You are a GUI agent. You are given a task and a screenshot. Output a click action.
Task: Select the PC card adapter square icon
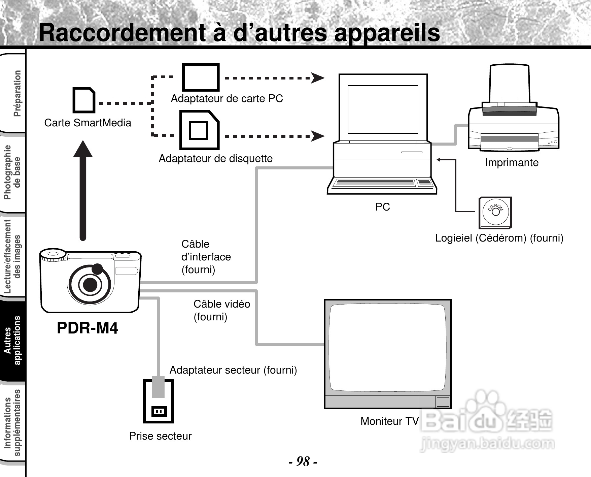pos(201,77)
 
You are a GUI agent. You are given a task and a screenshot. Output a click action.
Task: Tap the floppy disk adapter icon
pos(199,130)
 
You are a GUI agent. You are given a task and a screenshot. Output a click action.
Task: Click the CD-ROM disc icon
pos(495,212)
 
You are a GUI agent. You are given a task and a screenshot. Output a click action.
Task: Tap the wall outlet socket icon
pos(159,411)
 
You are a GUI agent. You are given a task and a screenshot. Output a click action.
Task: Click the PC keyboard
pos(382,184)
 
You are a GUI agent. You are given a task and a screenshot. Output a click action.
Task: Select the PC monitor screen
pos(383,109)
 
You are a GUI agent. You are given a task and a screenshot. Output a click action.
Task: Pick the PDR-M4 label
pos(87,328)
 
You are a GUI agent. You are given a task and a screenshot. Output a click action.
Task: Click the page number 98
pos(303,461)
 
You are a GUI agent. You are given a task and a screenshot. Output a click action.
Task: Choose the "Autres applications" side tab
pos(13,340)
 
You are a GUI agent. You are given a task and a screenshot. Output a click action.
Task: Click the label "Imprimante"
pos(512,163)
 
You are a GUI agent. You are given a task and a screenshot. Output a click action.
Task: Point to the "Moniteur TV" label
pos(389,421)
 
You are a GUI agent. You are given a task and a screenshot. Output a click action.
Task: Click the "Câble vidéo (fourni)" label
pos(221,310)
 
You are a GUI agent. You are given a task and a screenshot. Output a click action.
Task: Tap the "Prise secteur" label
pos(160,436)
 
